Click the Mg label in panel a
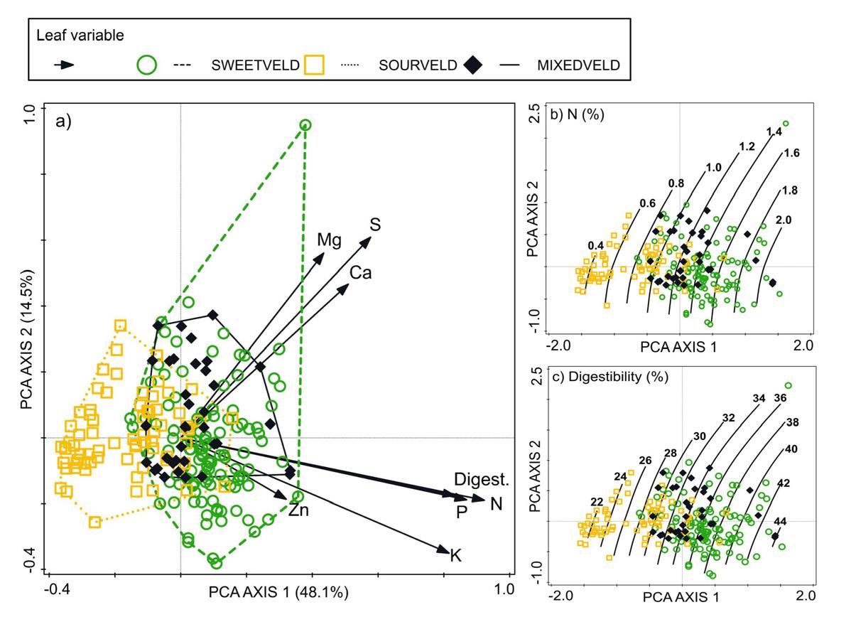pos(329,240)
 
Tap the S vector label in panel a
pos(375,225)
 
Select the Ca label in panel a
pos(360,273)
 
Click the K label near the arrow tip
pos(456,554)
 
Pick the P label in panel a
pos(461,511)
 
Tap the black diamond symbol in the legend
pos(472,65)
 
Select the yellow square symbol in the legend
pos(314,65)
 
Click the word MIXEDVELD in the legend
pos(578,65)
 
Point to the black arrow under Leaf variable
pos(65,65)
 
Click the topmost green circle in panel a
pos(305,125)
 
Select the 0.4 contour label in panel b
pos(596,246)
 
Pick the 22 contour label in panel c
pos(597,502)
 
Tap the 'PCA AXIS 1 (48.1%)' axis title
pos(278,591)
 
